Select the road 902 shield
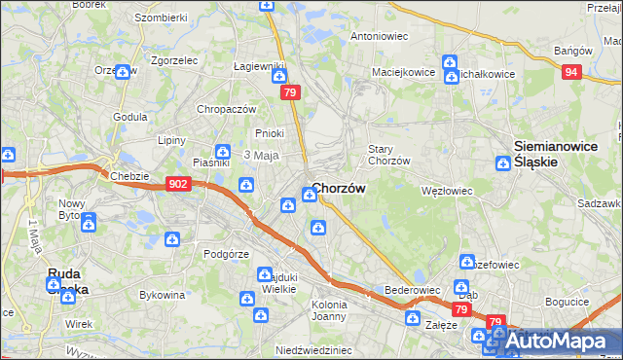click(177, 183)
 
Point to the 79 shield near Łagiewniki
click(289, 92)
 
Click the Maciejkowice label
click(402, 72)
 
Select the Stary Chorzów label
click(388, 155)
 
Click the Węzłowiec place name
click(446, 191)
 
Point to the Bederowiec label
click(413, 290)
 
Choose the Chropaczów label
click(226, 109)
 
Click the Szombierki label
click(161, 18)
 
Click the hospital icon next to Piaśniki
click(223, 152)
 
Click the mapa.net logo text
click(565, 342)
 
